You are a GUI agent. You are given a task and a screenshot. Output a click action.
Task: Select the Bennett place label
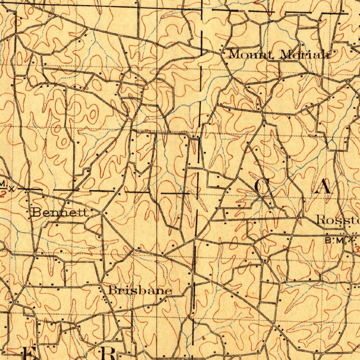click(x=60, y=212)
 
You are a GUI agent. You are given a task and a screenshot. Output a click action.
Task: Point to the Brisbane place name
click(x=140, y=291)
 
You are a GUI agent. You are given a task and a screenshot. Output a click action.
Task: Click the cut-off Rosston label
click(x=338, y=220)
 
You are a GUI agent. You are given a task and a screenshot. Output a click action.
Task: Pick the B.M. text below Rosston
click(x=333, y=241)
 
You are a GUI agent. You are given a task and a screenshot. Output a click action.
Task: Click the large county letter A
click(x=323, y=186)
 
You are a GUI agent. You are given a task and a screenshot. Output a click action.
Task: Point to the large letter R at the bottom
click(x=108, y=353)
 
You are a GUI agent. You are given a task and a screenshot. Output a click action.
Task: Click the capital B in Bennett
click(x=36, y=212)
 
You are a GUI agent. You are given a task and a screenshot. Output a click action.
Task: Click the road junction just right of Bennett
click(x=102, y=213)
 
